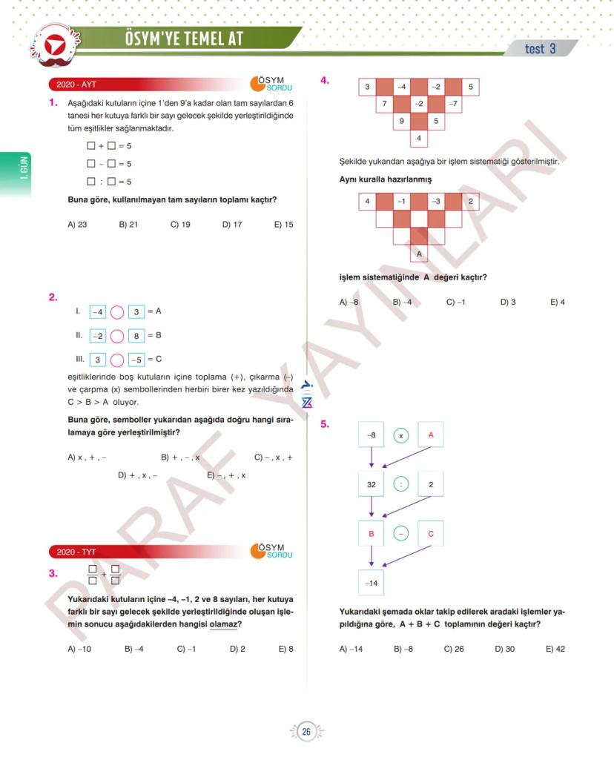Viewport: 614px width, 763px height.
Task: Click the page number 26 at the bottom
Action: click(306, 733)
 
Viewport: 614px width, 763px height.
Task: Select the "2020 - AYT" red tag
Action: click(77, 85)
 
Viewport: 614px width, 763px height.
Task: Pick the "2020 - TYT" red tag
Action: click(77, 552)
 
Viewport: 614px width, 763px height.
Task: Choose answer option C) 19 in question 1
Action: click(180, 225)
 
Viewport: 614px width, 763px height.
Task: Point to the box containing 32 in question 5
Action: click(372, 485)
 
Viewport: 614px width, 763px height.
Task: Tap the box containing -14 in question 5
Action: click(372, 584)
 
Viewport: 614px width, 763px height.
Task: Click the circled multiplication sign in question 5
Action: click(400, 435)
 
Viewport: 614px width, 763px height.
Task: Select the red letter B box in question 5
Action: click(372, 534)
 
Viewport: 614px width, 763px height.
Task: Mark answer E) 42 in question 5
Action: click(555, 649)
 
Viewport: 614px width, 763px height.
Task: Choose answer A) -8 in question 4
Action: click(349, 302)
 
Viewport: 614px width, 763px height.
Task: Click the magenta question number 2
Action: click(53, 297)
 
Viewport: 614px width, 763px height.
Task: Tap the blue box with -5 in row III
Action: click(136, 360)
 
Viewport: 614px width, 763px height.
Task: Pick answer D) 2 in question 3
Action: click(237, 649)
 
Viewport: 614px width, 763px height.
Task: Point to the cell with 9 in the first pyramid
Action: click(401, 121)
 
